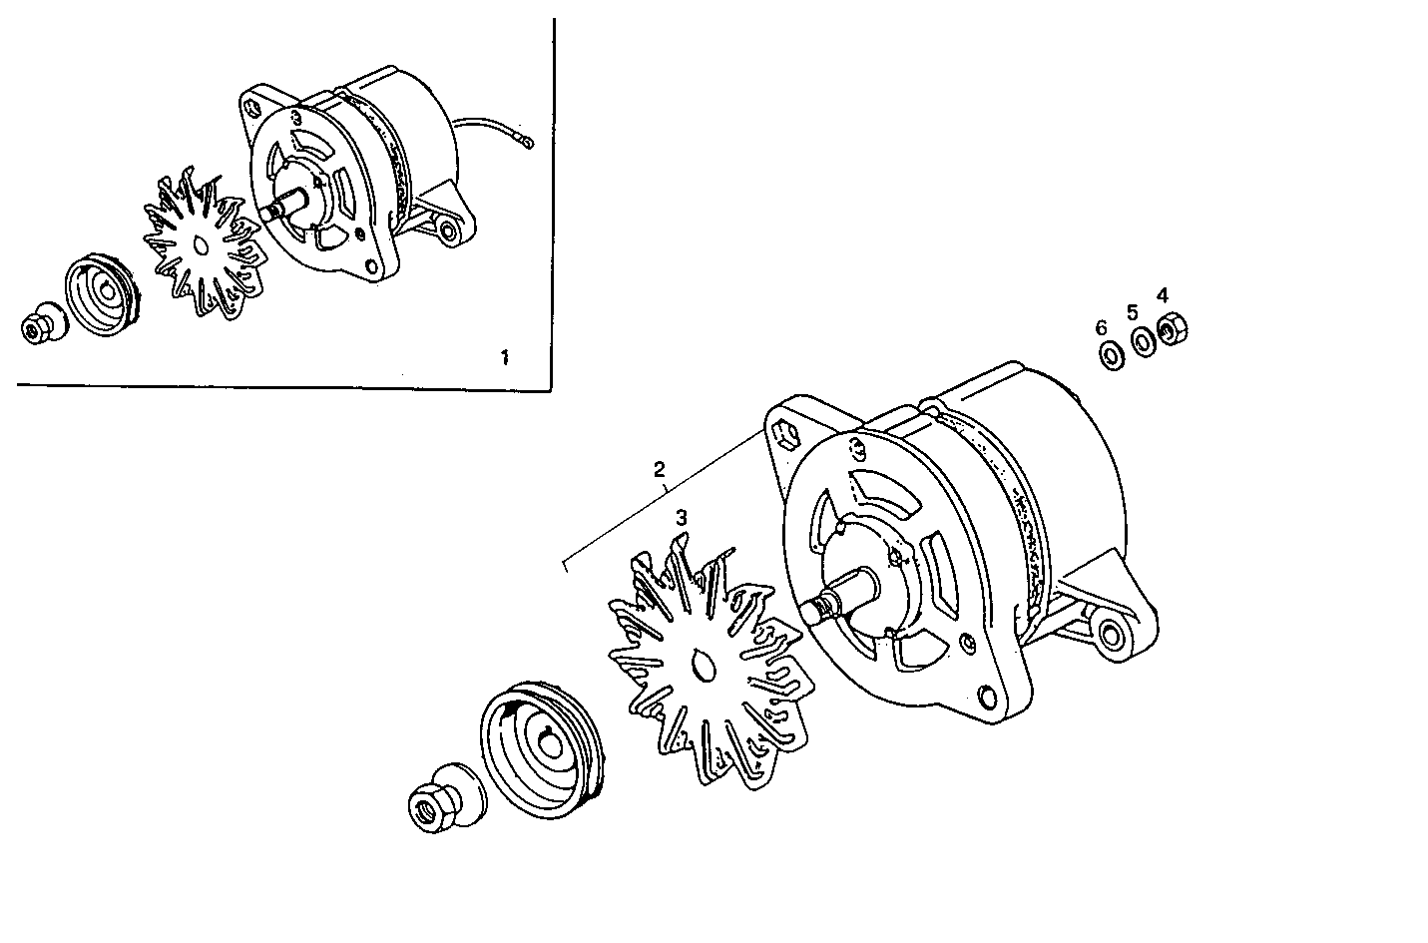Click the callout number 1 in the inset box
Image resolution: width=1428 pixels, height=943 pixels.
pyautogui.click(x=504, y=356)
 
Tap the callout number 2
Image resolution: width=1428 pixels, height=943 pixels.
pyautogui.click(x=659, y=468)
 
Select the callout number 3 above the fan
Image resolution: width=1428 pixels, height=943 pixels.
pyautogui.click(x=682, y=518)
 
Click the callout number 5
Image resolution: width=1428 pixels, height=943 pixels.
pyautogui.click(x=1133, y=311)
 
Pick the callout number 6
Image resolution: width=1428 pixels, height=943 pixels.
pyautogui.click(x=1101, y=327)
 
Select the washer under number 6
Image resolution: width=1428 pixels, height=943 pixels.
pyautogui.click(x=1109, y=354)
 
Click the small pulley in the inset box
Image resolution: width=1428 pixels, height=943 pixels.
pyautogui.click(x=101, y=295)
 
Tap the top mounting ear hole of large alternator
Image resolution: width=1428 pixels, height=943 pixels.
pyautogui.click(x=782, y=433)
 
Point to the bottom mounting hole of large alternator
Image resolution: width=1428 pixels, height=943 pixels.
pyautogui.click(x=987, y=696)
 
